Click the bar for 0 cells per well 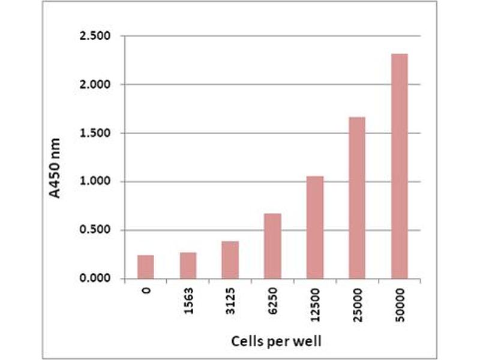click(x=145, y=267)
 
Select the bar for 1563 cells click(x=188, y=266)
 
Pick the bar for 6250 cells click(x=272, y=246)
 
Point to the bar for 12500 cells click(x=314, y=227)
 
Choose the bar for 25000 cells click(x=357, y=198)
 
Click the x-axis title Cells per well click(x=277, y=341)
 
